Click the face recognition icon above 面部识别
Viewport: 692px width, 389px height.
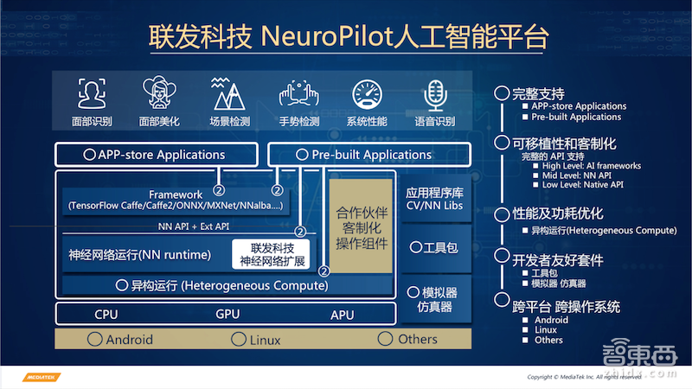[x=93, y=93]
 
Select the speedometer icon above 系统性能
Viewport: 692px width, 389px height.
[x=367, y=93]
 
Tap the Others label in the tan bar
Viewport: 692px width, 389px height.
[x=417, y=339]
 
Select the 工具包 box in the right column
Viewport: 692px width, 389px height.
[x=435, y=248]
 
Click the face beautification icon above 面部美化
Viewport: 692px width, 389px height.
[x=159, y=93]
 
